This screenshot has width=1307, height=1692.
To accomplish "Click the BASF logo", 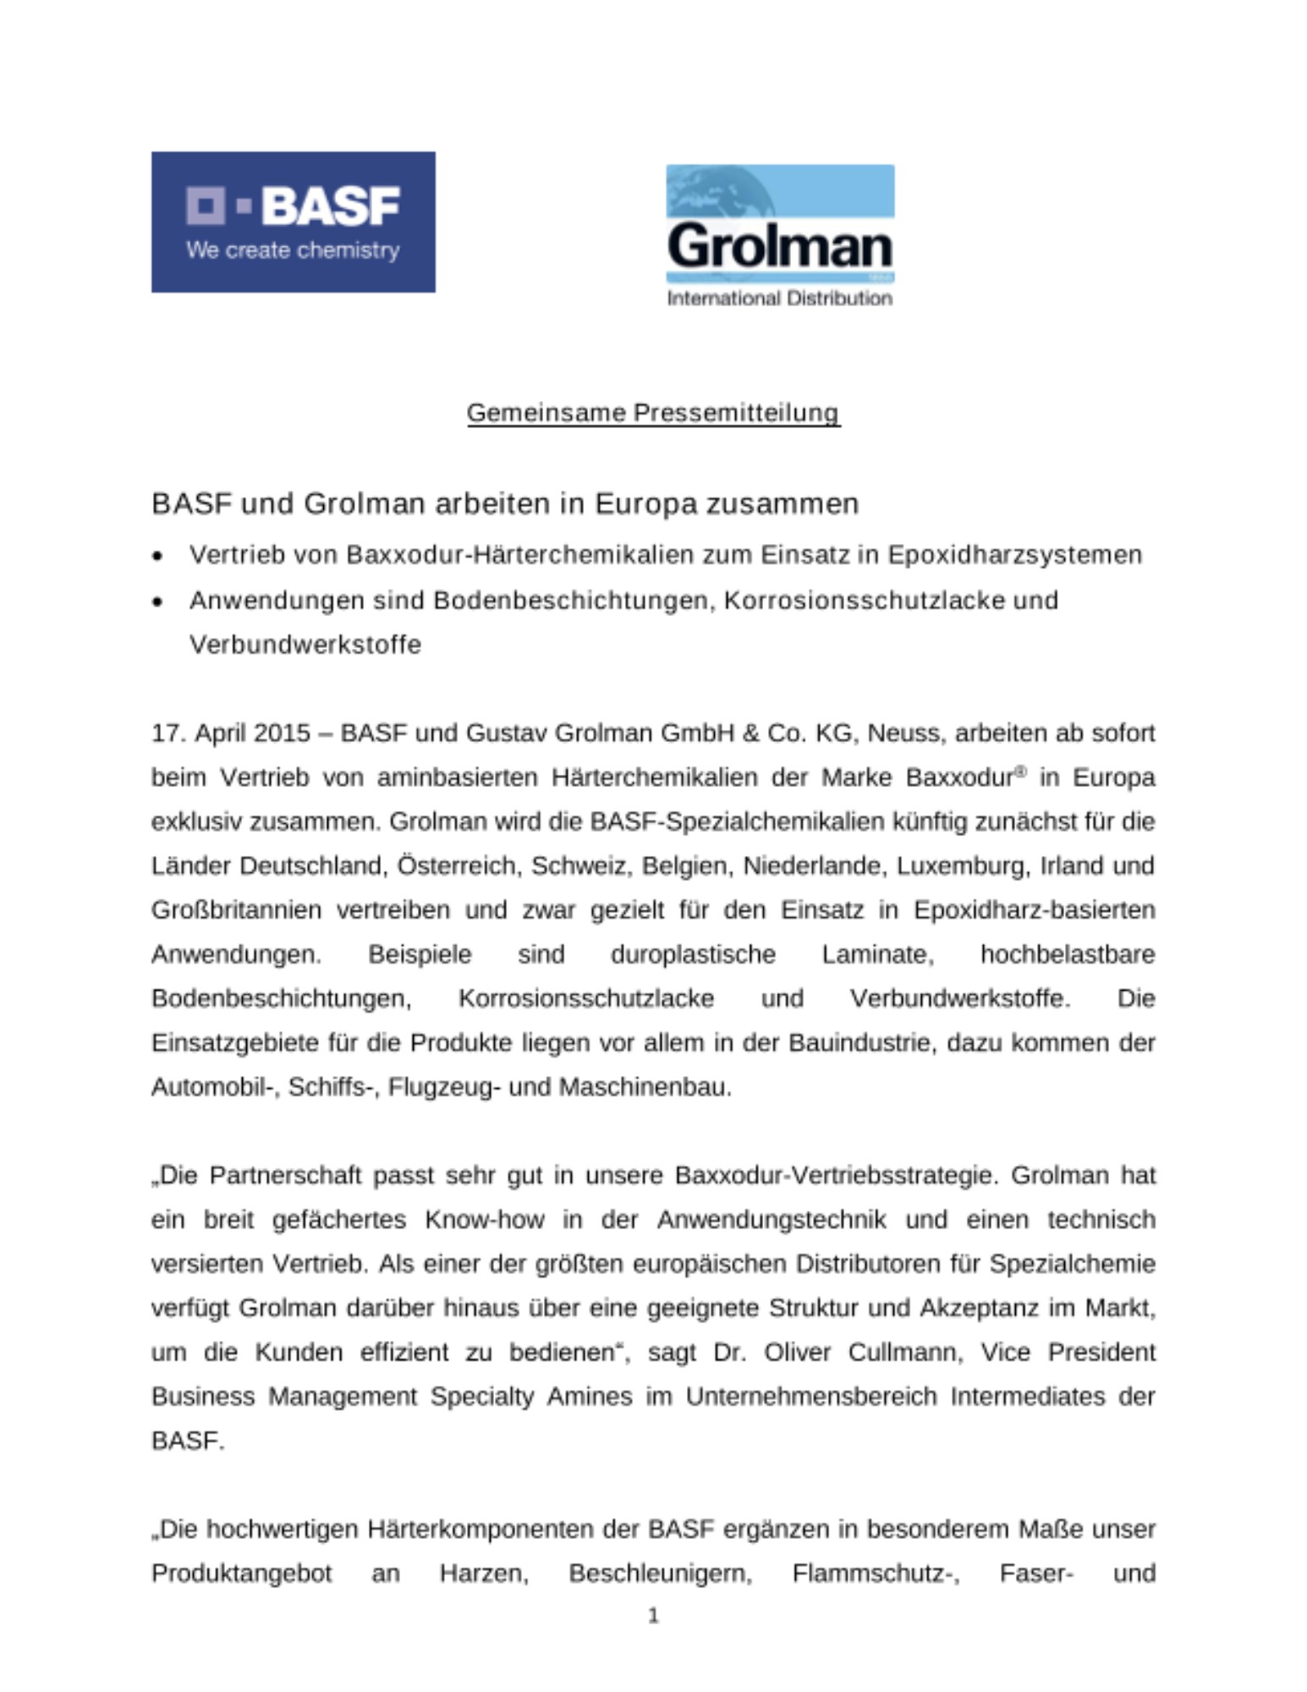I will [x=293, y=222].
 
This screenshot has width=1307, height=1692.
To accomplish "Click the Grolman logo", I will [x=779, y=234].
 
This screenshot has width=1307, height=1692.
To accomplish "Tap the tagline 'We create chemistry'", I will [x=293, y=250].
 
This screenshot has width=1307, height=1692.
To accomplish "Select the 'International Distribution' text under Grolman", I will [x=779, y=298].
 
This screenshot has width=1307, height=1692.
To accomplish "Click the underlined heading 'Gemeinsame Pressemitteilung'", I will [x=653, y=413].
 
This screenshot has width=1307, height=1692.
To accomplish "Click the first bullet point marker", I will [x=157, y=556].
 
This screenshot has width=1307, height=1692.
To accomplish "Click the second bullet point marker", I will [x=157, y=602].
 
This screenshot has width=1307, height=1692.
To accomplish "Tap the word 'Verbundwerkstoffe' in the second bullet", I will [x=305, y=645].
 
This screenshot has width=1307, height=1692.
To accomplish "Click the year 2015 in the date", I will [x=282, y=733].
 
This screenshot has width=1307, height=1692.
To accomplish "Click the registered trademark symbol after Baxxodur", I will [x=1020, y=771].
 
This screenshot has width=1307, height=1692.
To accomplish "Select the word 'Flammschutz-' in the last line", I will [x=876, y=1573].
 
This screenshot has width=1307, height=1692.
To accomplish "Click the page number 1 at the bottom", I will [x=653, y=1616].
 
